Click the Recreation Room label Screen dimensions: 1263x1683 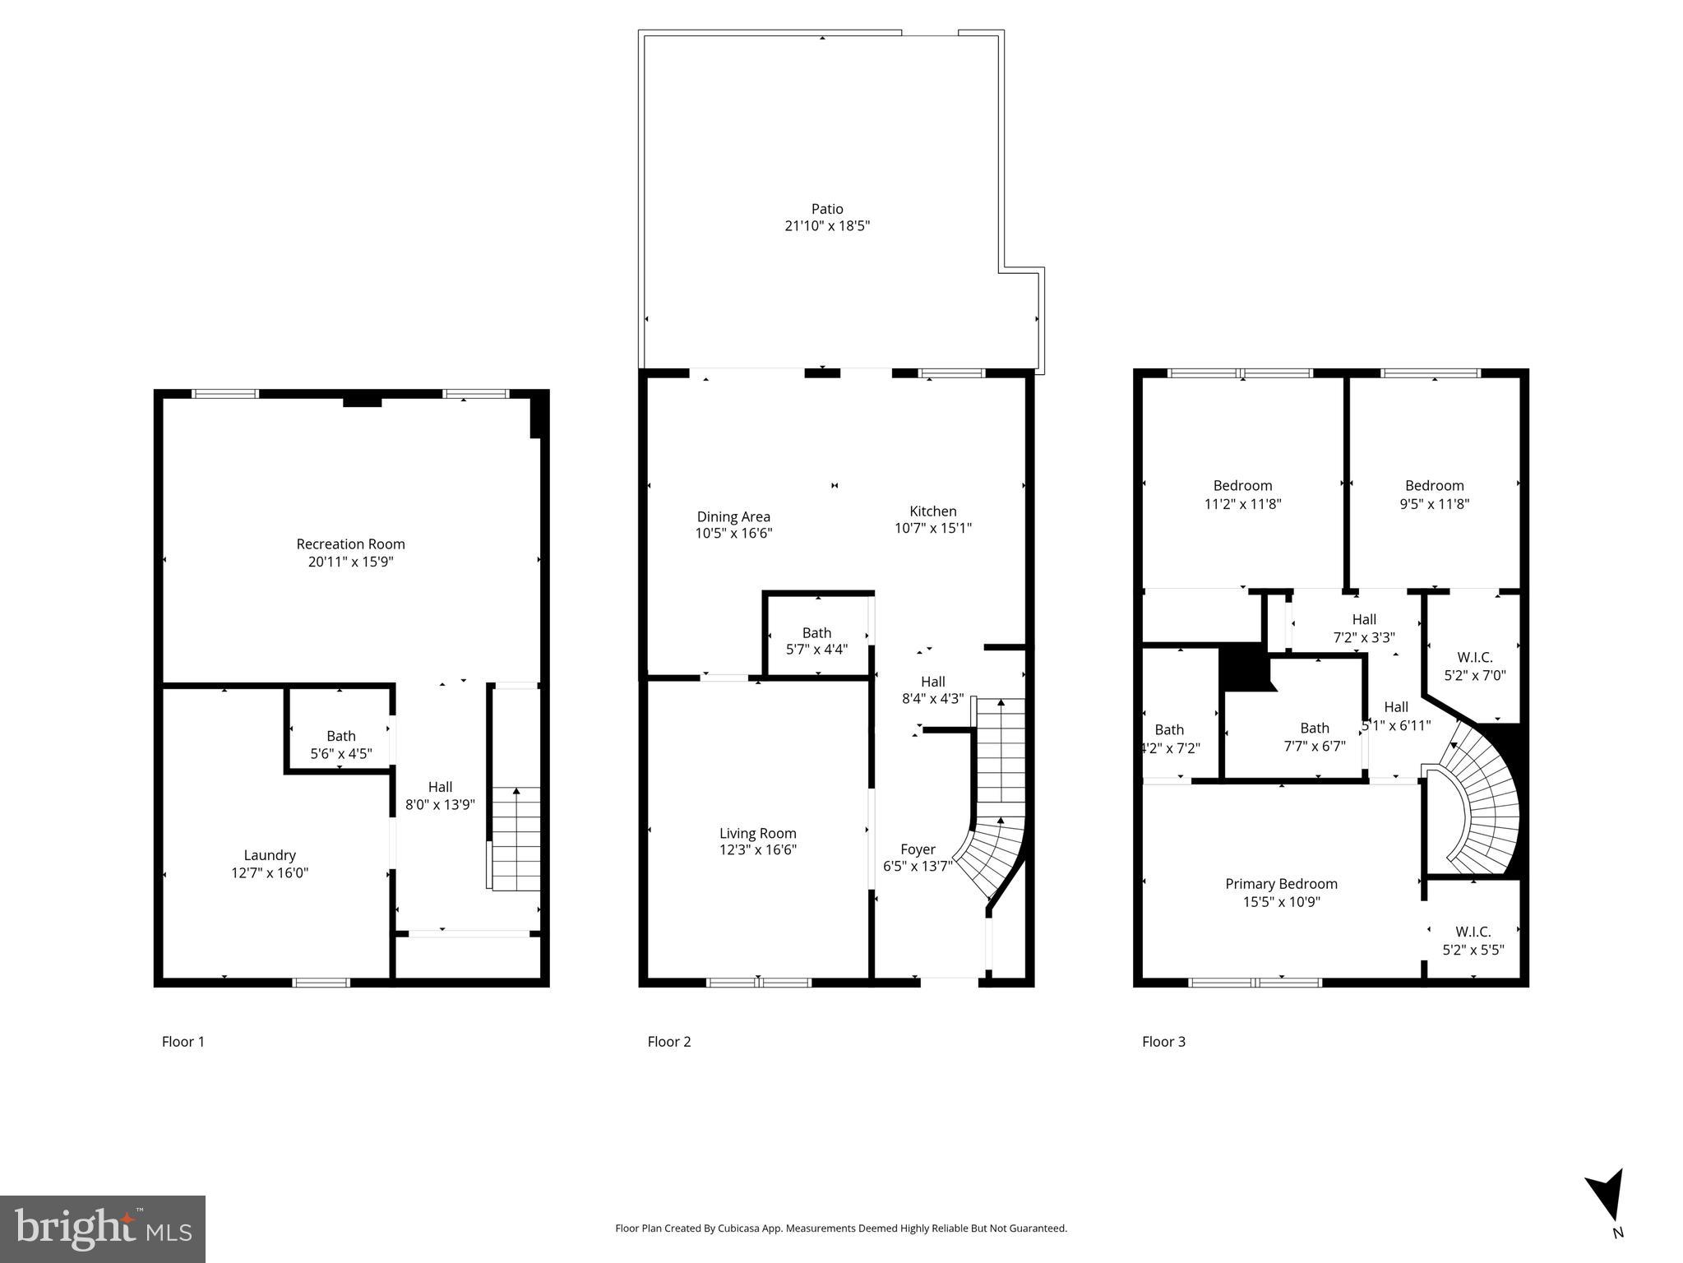coord(350,544)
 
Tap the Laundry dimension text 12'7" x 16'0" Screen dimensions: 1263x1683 coord(270,873)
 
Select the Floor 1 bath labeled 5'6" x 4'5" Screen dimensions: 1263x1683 coord(340,744)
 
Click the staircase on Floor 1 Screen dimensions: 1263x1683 coord(516,839)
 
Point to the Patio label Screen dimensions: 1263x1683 coord(827,209)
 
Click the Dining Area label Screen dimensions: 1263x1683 coord(733,516)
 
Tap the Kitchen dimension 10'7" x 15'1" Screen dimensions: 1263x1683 coord(933,528)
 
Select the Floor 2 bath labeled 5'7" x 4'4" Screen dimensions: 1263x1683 coord(816,641)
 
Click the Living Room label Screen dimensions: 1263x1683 coord(757,833)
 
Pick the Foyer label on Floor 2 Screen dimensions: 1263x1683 coord(918,849)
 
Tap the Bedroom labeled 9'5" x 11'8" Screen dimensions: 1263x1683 coord(1434,494)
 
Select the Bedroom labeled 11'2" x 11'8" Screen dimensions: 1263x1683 coord(1242,494)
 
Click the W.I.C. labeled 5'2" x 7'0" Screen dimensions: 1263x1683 coord(1474,666)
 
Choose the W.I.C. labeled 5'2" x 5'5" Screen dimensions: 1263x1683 coord(1473,941)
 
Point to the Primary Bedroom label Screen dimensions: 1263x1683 coord(1281,884)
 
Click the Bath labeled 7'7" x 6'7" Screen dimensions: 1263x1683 coord(1314,737)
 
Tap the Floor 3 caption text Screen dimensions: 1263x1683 coord(1163,1042)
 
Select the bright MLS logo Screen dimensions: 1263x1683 coord(103,1228)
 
